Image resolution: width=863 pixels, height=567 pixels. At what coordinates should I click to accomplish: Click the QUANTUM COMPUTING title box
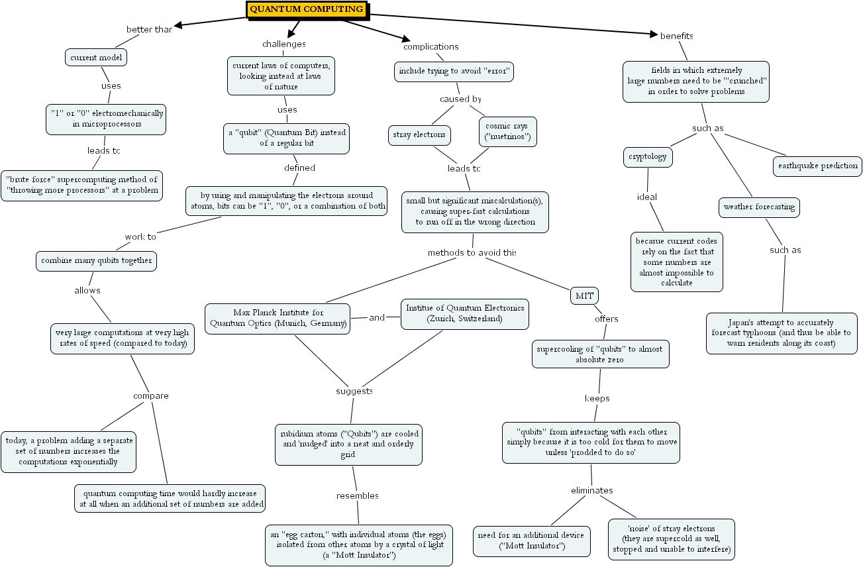point(307,9)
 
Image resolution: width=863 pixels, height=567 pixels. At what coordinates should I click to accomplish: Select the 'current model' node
point(97,58)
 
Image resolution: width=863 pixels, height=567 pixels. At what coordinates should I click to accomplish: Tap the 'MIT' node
point(584,295)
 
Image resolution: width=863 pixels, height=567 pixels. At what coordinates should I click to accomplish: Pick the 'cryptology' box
point(648,157)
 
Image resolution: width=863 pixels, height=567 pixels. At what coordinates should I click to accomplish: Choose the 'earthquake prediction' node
point(817,166)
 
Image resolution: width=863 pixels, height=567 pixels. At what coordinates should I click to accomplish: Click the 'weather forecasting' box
point(759,207)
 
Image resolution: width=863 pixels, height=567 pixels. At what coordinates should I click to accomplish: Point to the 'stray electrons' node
point(419,136)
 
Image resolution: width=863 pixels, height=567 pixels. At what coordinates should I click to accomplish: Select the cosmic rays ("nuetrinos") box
point(507,132)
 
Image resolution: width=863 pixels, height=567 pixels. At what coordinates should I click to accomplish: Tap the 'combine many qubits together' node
point(97,261)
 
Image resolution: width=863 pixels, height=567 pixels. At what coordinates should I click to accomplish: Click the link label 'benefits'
point(676,36)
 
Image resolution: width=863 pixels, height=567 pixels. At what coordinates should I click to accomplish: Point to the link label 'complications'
point(431,47)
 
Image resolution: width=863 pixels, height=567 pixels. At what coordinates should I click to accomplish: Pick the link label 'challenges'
point(284,44)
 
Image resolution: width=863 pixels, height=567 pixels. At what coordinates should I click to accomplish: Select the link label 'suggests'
point(354,391)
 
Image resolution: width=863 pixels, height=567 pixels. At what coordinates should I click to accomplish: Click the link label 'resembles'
point(357,496)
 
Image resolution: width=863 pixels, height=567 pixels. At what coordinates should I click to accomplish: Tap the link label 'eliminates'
point(592,491)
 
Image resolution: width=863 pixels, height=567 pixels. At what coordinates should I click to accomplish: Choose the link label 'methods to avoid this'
point(471,253)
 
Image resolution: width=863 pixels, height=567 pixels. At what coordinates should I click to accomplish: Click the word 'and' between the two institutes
point(377,318)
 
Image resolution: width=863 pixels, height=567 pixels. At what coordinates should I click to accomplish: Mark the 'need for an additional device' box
point(532,541)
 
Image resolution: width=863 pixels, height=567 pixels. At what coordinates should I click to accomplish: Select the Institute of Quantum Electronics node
point(465,313)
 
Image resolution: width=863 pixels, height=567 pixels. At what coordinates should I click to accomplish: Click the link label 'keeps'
point(597,399)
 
